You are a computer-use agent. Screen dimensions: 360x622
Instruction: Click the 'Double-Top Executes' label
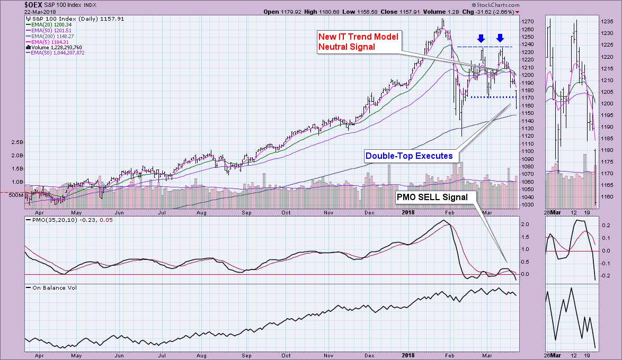tap(409, 156)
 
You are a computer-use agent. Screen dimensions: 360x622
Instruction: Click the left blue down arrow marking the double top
tap(481, 38)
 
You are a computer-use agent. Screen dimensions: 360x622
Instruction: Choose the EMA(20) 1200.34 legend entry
tap(51, 24)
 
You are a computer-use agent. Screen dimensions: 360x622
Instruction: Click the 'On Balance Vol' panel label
tap(51, 287)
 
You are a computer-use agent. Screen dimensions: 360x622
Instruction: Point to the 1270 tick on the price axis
tap(527, 22)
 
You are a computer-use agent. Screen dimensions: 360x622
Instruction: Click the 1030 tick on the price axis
tap(527, 205)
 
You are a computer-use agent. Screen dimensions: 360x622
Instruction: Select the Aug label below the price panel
tap(201, 212)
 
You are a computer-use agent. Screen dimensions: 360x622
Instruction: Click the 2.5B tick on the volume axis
tap(16, 142)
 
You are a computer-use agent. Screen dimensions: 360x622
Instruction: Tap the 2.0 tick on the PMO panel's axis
tap(524, 224)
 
